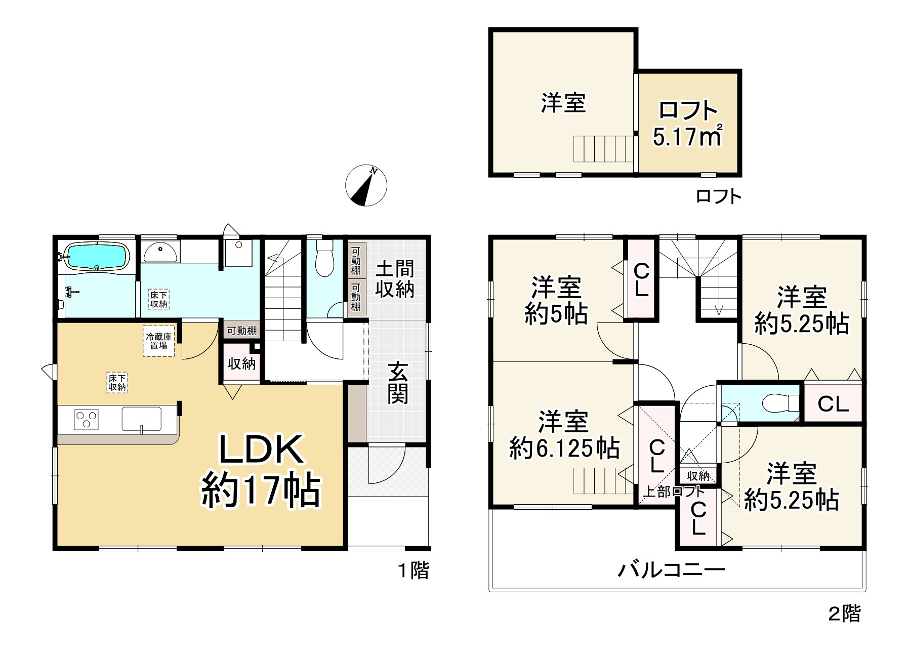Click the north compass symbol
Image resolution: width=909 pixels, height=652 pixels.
[366, 185]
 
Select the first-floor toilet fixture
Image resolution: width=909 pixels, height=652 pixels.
[324, 258]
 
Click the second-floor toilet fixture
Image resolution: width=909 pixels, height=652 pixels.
[780, 403]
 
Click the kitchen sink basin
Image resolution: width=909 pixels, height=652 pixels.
[141, 419]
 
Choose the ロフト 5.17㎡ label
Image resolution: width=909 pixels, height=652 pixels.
[687, 124]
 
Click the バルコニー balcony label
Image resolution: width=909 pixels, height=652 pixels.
[671, 570]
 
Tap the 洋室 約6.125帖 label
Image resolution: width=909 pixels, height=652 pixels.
[563, 435]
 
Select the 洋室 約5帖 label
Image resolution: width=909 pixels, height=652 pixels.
[556, 301]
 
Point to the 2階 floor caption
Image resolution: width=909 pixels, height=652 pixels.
[844, 614]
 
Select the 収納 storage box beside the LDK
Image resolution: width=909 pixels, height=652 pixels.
[241, 363]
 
